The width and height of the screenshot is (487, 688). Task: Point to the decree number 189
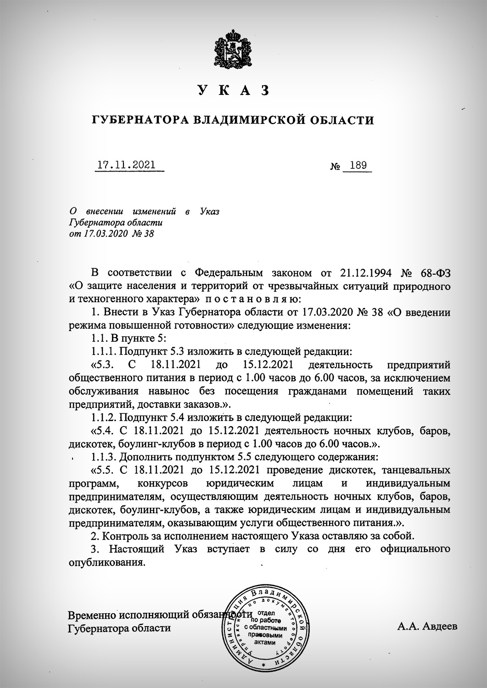click(358, 165)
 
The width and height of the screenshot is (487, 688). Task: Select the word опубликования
click(106, 562)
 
